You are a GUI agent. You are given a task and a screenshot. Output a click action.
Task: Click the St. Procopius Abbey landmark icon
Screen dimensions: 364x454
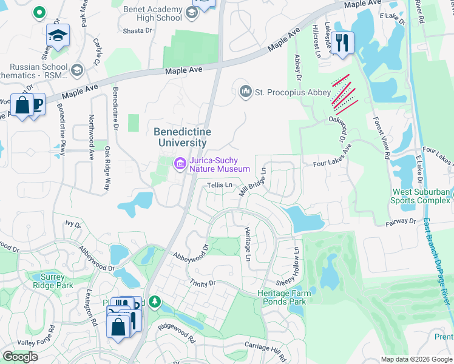coord(246,92)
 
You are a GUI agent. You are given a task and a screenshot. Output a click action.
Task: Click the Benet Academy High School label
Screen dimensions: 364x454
coord(152,13)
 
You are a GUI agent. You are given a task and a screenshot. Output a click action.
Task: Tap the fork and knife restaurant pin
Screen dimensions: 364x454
coord(342,42)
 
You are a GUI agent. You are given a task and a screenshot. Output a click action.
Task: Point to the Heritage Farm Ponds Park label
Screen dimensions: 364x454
coord(283,297)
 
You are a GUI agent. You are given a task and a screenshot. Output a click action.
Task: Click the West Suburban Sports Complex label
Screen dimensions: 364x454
coord(421,196)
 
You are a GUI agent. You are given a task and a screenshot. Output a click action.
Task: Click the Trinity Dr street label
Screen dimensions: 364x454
coord(203,283)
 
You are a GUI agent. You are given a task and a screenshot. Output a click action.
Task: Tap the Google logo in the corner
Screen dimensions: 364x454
coord(20,357)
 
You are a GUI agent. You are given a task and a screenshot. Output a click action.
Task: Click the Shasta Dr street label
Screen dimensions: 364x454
coord(137,30)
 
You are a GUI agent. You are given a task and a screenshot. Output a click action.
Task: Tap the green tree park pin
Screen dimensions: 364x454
coord(155,301)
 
